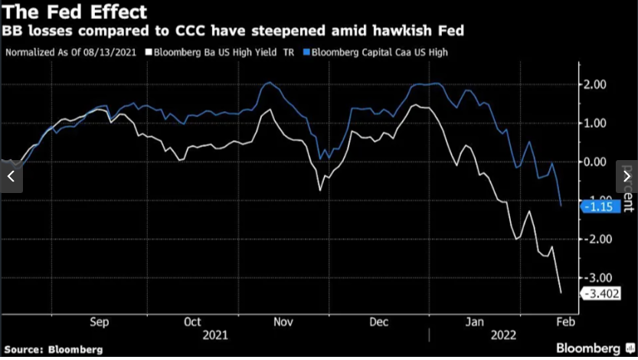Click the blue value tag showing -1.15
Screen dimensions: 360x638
(598, 207)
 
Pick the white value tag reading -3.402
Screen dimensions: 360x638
(600, 293)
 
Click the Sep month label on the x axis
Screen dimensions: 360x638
(100, 322)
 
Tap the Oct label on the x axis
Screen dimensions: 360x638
(194, 322)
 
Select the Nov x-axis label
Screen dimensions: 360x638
(283, 322)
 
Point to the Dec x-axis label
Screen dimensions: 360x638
(378, 322)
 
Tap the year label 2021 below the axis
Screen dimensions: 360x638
(215, 335)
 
